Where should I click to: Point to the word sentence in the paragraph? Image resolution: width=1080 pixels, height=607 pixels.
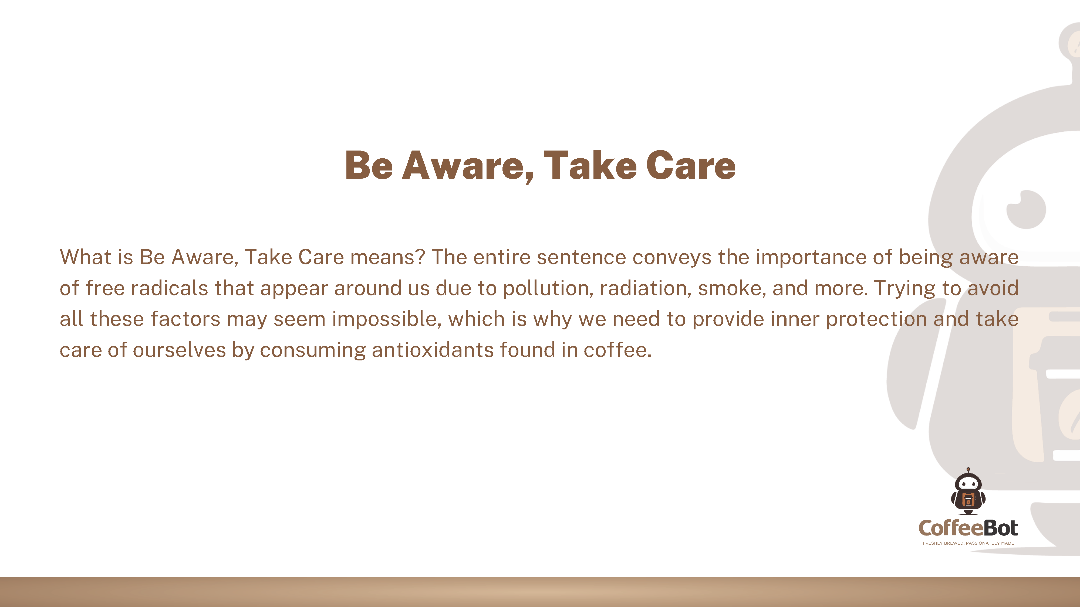(x=582, y=257)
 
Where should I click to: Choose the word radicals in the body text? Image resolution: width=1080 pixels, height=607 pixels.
(x=169, y=288)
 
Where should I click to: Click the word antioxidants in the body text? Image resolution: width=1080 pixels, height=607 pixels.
(x=433, y=350)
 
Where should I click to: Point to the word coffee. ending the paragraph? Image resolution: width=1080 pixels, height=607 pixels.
(x=617, y=350)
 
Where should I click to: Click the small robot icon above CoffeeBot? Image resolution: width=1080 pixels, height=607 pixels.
(x=968, y=491)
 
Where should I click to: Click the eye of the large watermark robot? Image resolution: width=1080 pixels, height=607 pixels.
(x=1026, y=209)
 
